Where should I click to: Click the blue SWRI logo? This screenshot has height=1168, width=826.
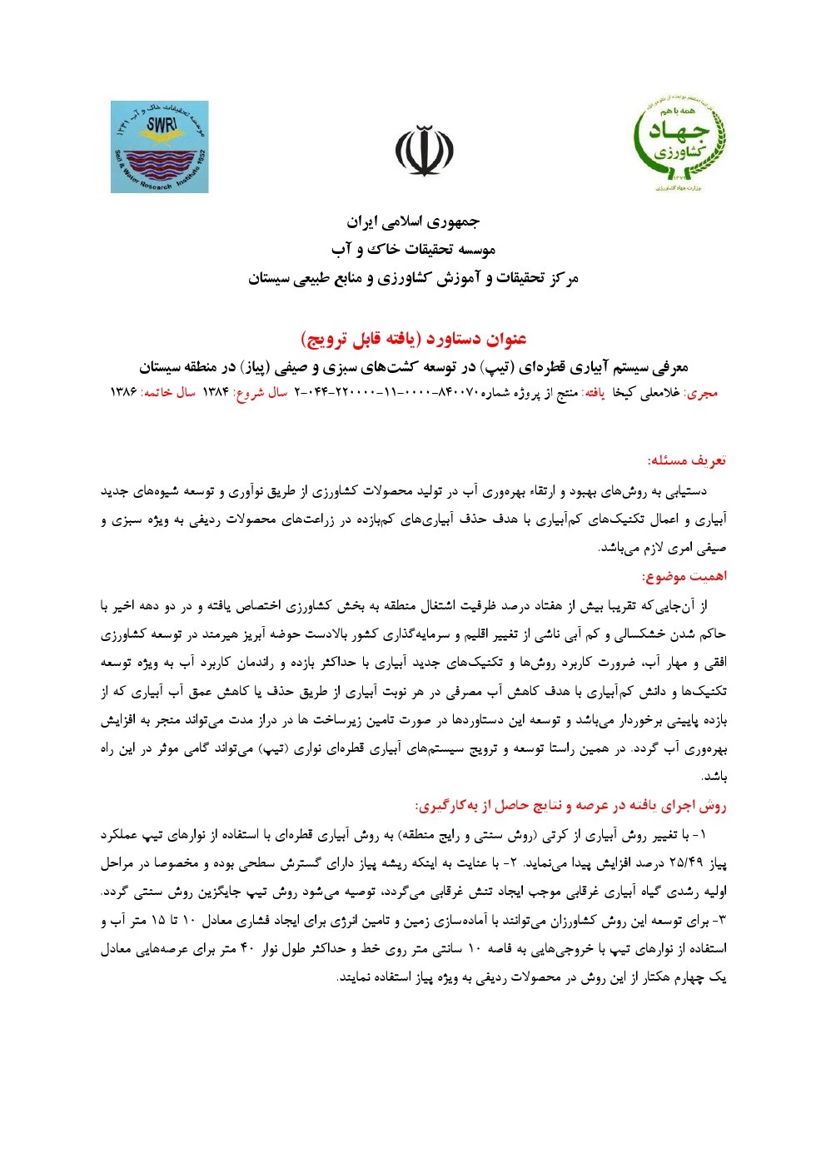pyautogui.click(x=159, y=147)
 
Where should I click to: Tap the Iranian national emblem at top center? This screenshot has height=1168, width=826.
pyautogui.click(x=424, y=151)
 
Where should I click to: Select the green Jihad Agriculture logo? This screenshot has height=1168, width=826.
pyautogui.click(x=678, y=142)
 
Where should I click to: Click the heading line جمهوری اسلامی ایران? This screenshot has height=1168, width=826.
pyautogui.click(x=413, y=222)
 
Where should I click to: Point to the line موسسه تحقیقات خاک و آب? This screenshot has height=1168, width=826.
pyautogui.click(x=413, y=250)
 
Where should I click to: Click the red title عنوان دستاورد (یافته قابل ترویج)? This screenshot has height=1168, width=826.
pyautogui.click(x=413, y=339)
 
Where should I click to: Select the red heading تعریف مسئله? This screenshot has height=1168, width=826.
pyautogui.click(x=687, y=460)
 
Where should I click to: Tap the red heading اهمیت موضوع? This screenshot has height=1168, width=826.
pyautogui.click(x=684, y=576)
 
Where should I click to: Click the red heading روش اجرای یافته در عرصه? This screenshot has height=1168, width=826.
pyautogui.click(x=570, y=806)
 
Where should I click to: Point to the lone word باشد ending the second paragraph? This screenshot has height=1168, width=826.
pyautogui.click(x=715, y=778)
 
